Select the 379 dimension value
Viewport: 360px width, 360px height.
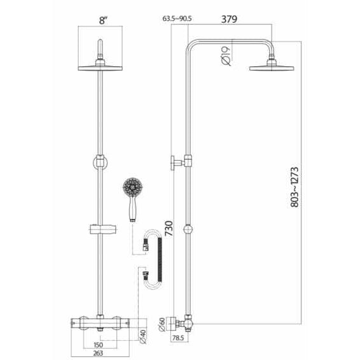click(229, 20)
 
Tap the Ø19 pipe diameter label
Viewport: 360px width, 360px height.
click(225, 56)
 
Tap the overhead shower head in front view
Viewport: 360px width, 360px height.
click(100, 67)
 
